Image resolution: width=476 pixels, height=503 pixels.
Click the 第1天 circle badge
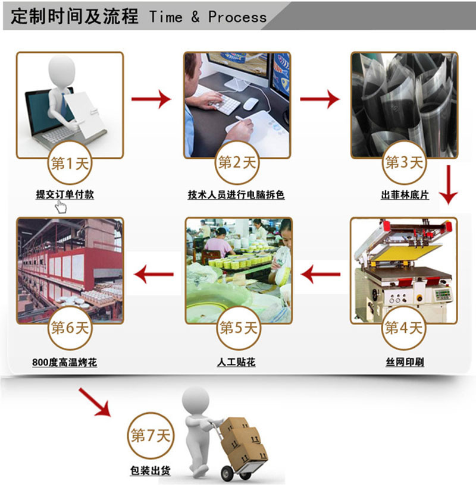click(x=70, y=163)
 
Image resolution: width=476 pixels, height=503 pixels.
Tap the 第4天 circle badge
click(x=404, y=328)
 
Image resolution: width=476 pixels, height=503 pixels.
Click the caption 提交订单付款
click(x=65, y=194)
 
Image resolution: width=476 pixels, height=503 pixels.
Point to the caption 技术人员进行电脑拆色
click(x=236, y=194)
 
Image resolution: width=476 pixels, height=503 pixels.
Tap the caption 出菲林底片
click(x=405, y=194)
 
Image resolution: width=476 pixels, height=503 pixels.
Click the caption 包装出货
click(x=151, y=471)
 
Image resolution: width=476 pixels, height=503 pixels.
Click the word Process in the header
click(x=237, y=17)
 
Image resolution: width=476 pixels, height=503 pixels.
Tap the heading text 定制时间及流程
click(x=74, y=17)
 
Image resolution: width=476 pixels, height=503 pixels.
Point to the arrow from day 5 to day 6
click(x=154, y=274)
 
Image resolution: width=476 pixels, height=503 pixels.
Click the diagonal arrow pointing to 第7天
click(x=95, y=402)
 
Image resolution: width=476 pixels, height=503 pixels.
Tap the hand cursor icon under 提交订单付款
click(x=61, y=207)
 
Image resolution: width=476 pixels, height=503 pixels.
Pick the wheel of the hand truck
click(x=228, y=473)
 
